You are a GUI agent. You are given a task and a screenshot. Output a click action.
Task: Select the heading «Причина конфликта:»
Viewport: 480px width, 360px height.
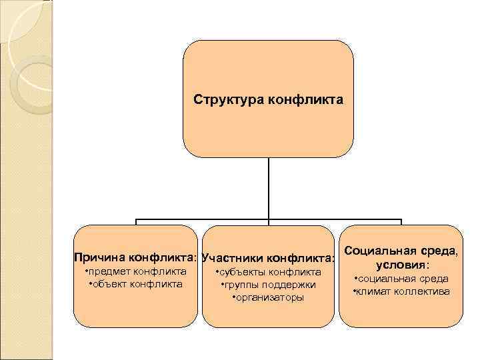136,257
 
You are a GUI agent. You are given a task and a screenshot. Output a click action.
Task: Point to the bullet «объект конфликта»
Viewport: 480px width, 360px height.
136,284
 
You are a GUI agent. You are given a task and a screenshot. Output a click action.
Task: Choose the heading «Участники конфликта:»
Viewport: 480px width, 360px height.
267,257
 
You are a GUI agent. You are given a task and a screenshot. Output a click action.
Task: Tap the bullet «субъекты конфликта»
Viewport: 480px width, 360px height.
269,272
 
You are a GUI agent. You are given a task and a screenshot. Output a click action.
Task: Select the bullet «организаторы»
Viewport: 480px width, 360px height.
267,297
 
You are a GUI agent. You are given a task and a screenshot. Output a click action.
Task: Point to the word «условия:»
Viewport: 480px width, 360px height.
401,265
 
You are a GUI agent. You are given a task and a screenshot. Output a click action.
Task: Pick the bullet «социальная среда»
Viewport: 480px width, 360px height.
401,279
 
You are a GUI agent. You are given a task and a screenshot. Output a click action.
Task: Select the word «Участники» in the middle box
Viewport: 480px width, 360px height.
232,257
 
